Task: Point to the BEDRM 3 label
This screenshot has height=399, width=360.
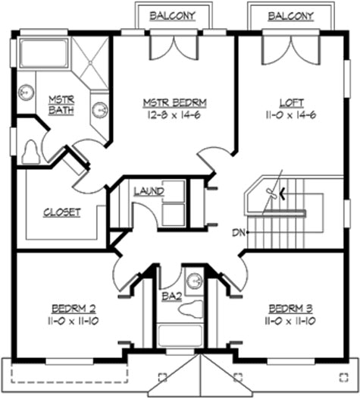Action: (291, 309)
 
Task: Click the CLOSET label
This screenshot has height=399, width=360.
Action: (61, 212)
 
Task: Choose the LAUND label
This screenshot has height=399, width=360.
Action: (149, 191)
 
